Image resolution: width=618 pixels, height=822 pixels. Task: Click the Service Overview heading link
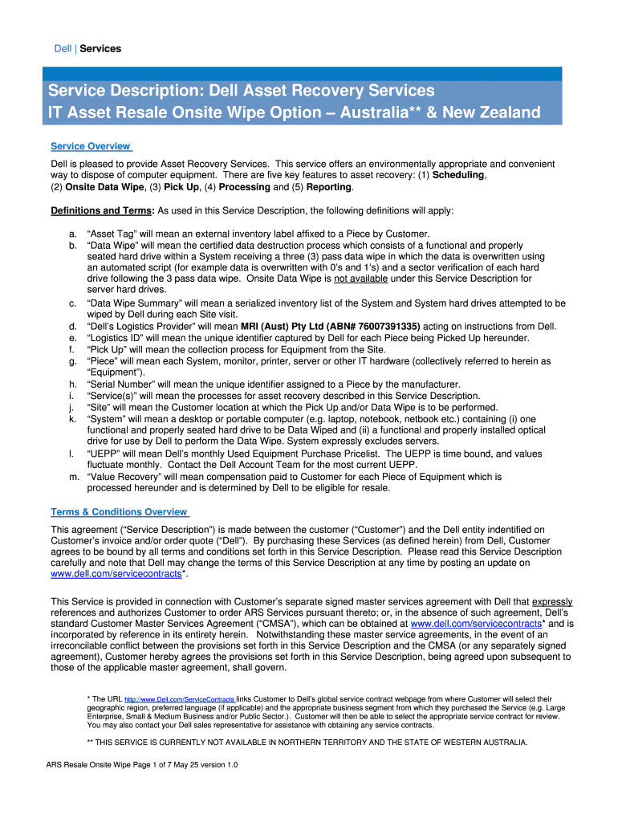[x=90, y=146]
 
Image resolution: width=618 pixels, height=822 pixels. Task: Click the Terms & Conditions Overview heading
[x=119, y=512]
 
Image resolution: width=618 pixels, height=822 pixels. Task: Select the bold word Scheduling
[x=458, y=175]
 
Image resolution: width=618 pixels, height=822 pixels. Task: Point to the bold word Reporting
[x=327, y=187]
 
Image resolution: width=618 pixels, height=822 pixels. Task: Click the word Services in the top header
[x=100, y=49]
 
